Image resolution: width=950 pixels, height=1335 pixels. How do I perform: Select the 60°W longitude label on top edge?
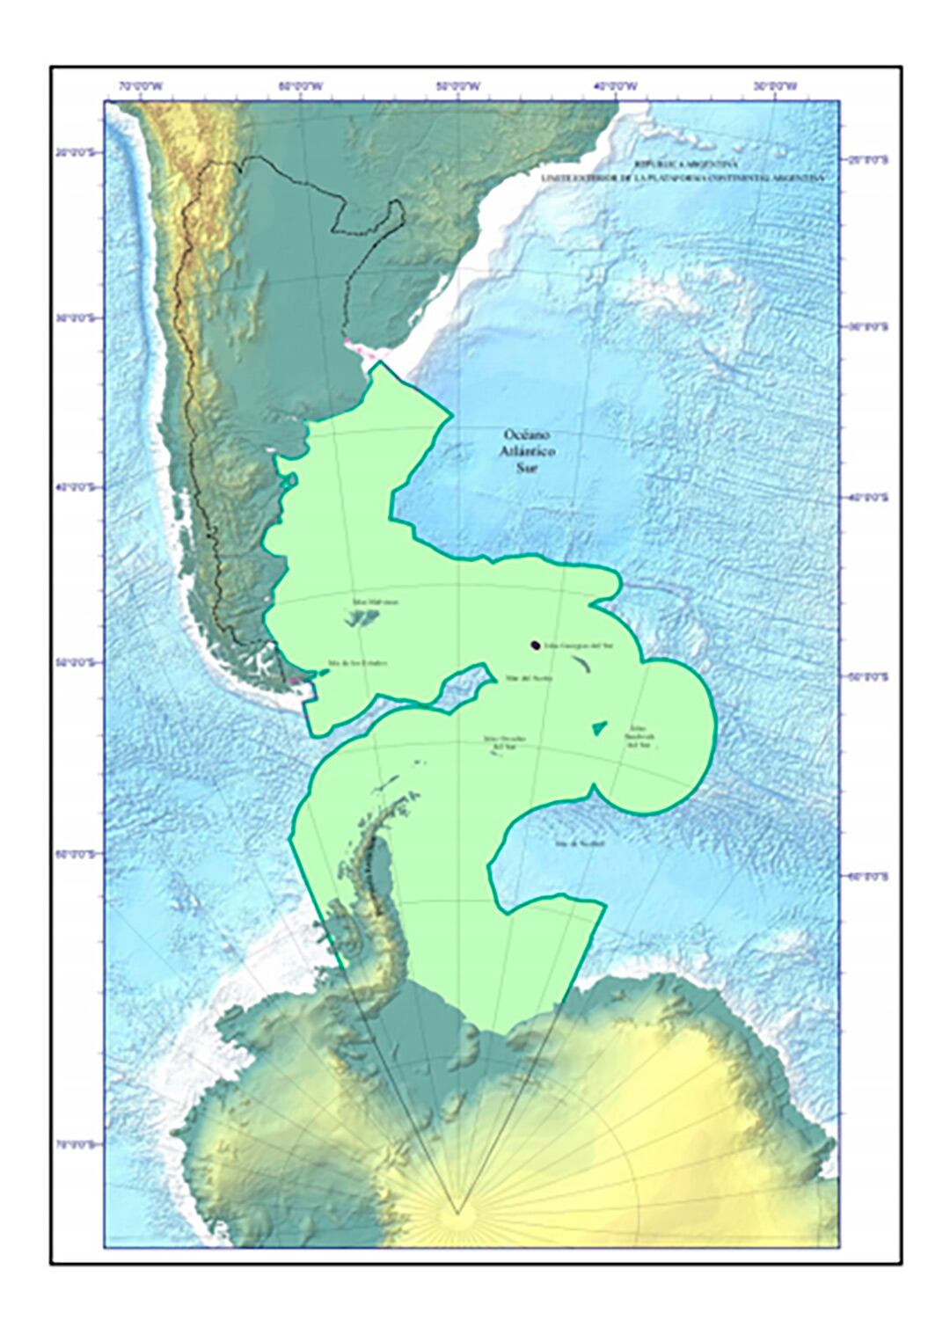pyautogui.click(x=301, y=86)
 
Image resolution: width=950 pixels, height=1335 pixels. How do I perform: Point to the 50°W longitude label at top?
pyautogui.click(x=459, y=86)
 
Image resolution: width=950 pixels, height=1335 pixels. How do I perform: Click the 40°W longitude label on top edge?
pyautogui.click(x=616, y=86)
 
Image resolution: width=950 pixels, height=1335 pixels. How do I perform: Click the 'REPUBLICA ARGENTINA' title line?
pyautogui.click(x=687, y=164)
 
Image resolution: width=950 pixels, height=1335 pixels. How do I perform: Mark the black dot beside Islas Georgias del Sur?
pyautogui.click(x=535, y=646)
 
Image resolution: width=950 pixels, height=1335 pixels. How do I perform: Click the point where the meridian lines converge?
pyautogui.click(x=457, y=1215)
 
